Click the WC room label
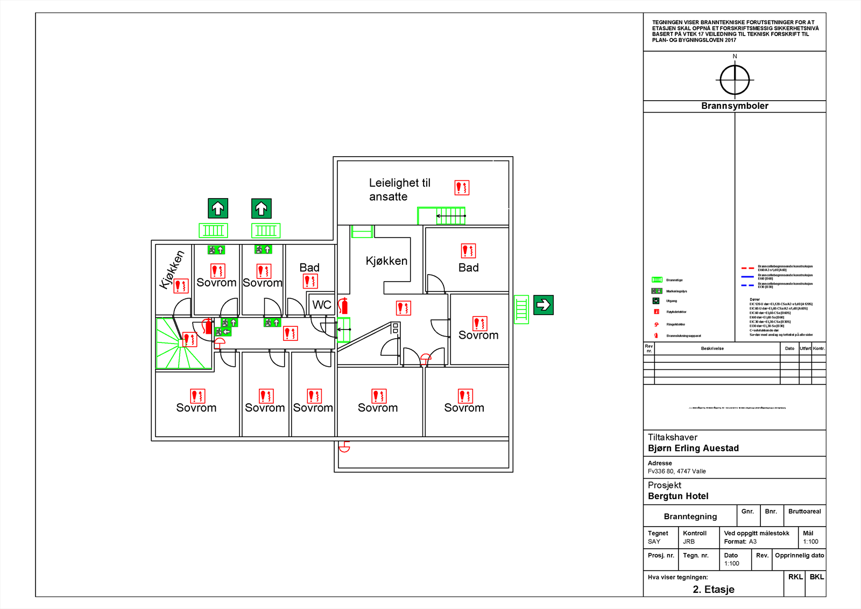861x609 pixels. (x=322, y=305)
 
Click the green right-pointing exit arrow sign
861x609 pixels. (x=544, y=305)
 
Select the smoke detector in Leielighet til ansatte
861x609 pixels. (x=462, y=187)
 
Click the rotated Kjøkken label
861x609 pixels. (x=172, y=270)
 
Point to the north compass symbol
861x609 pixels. (x=735, y=80)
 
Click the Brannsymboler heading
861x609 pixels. (x=735, y=106)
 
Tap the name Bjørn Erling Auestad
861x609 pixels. (x=693, y=448)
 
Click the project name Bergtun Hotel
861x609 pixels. (x=678, y=496)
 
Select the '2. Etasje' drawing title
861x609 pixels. (x=714, y=589)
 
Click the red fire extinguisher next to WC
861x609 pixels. (x=344, y=306)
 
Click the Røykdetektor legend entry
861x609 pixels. (x=676, y=312)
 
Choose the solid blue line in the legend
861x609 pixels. (x=747, y=277)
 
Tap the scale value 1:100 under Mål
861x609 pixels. (x=810, y=542)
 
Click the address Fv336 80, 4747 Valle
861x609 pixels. (x=676, y=471)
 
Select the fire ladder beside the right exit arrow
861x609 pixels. (x=521, y=309)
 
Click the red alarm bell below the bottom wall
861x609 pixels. (x=344, y=447)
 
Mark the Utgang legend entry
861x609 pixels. (x=671, y=301)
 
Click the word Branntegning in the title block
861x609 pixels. (x=690, y=516)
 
